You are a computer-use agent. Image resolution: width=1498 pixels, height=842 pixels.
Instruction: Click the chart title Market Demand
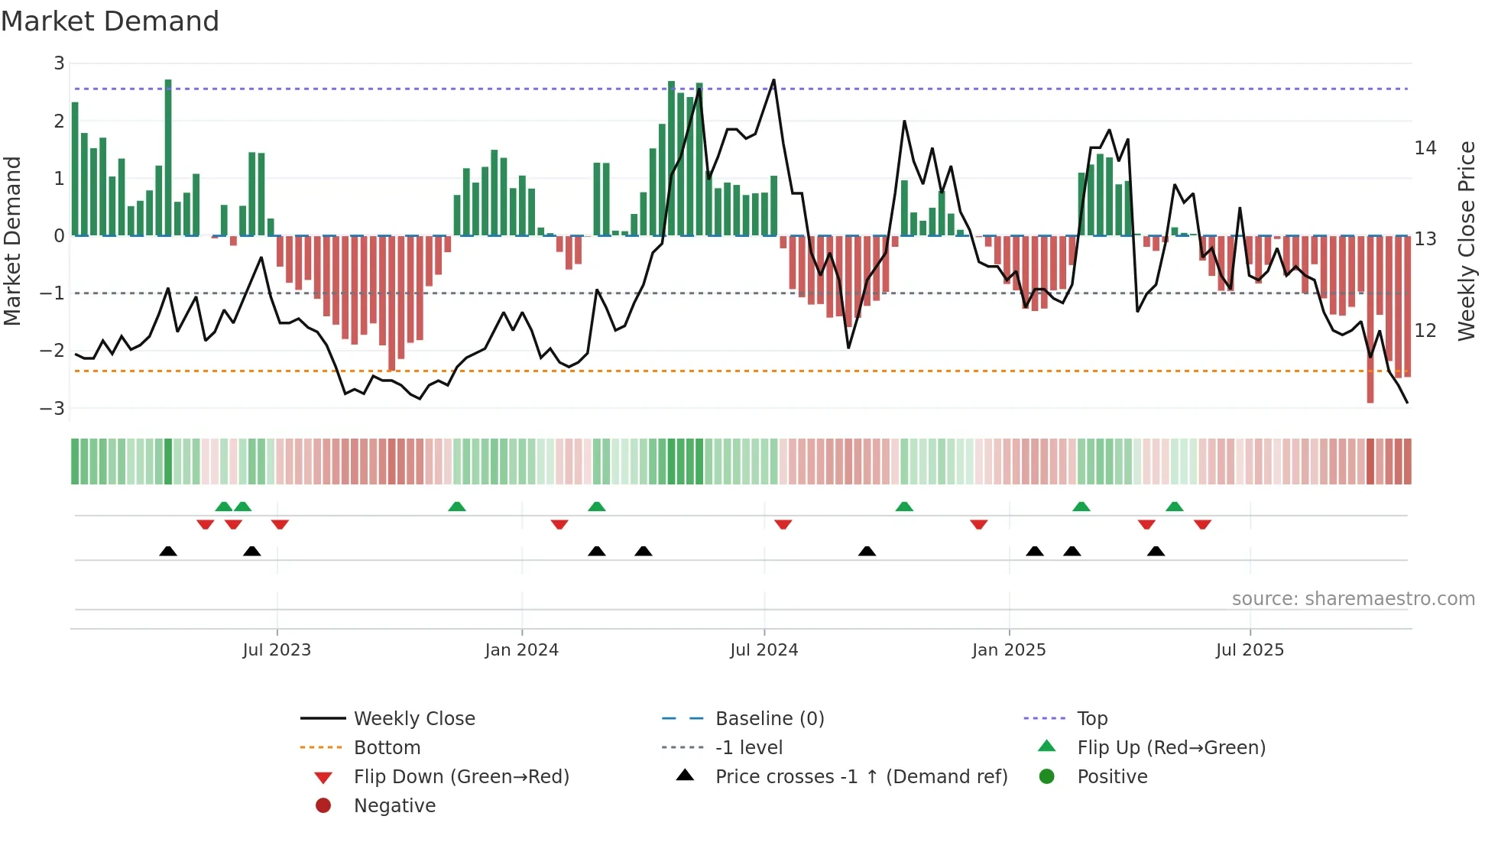coord(110,21)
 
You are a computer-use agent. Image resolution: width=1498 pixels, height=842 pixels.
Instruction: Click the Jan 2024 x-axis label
coord(521,650)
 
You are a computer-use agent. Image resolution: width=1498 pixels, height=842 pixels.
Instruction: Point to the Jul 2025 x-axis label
coord(1250,650)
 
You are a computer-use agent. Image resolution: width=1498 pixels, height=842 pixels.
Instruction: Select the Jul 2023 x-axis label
coord(277,650)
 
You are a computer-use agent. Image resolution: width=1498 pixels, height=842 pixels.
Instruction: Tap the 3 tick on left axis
coord(59,63)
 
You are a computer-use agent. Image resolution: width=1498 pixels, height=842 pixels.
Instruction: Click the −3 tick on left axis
coord(53,408)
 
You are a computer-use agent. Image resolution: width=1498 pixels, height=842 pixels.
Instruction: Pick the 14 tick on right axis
coord(1425,148)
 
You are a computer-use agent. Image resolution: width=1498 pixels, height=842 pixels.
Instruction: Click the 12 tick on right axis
coord(1425,331)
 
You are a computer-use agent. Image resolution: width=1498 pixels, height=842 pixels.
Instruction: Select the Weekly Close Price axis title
coord(1466,241)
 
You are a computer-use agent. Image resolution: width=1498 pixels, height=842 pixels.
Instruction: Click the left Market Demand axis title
coord(13,241)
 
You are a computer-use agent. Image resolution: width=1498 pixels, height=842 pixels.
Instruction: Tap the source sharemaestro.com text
coord(1353,599)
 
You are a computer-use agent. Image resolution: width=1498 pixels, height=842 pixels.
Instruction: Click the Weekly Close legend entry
coord(413,719)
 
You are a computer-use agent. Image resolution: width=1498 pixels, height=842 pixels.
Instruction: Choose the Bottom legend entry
coord(387,748)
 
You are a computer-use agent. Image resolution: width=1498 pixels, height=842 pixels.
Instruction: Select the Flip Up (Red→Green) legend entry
coord(1171,748)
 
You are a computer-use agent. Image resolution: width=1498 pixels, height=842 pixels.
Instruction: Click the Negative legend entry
coord(394,806)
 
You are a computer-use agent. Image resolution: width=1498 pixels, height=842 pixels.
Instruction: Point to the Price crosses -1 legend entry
coord(861,777)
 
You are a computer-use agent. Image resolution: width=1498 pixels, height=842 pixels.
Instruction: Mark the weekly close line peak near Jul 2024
coord(773,80)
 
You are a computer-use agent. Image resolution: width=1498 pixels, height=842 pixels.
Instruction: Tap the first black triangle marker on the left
coord(168,551)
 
